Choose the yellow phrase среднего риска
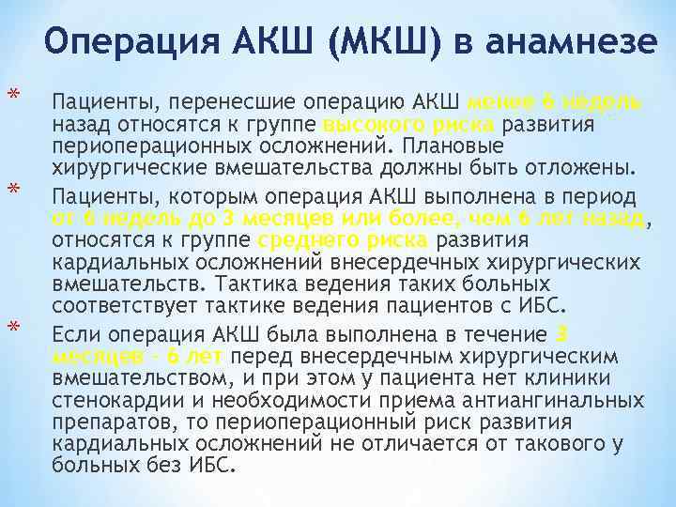353,241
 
